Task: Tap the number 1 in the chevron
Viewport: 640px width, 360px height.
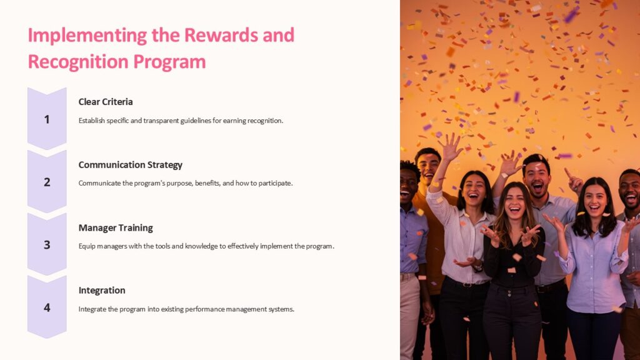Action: (x=47, y=119)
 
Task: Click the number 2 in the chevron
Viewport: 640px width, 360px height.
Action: (x=47, y=182)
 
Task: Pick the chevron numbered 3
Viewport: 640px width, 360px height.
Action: (x=47, y=245)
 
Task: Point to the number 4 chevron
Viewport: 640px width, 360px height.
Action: (x=47, y=307)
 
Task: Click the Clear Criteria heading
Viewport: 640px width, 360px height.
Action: (x=106, y=102)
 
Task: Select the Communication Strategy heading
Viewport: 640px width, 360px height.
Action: (x=130, y=165)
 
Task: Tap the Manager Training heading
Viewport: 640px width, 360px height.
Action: (x=116, y=227)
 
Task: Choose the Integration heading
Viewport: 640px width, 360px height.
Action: (x=102, y=290)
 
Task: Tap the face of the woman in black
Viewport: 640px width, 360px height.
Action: (x=514, y=204)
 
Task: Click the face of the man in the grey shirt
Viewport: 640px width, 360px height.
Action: (x=536, y=176)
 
